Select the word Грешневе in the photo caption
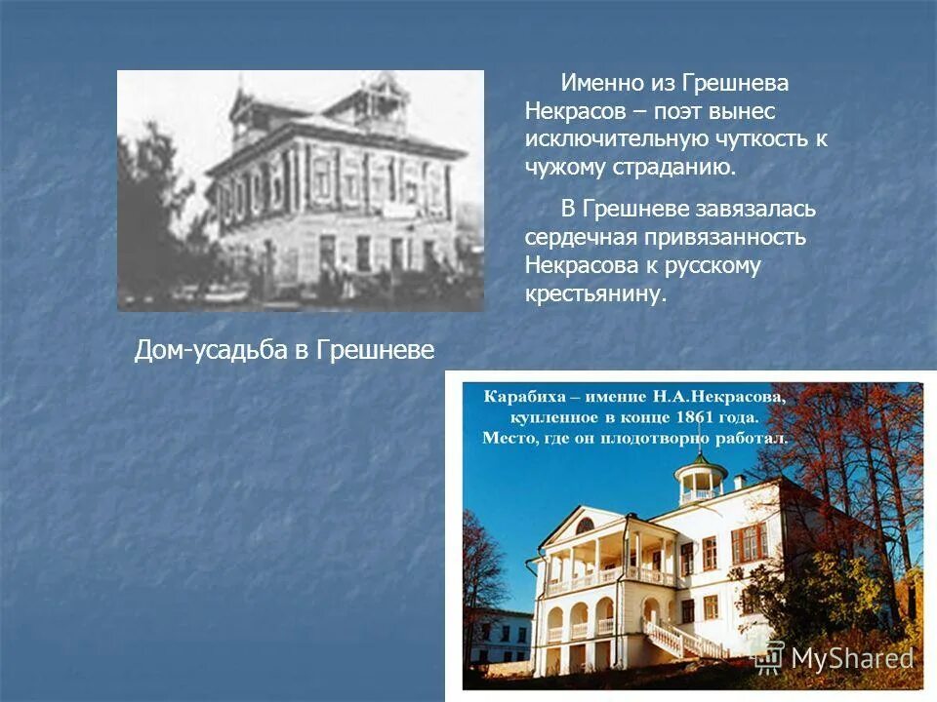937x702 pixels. click(376, 351)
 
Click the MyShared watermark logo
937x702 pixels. click(836, 656)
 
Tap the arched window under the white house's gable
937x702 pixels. click(585, 526)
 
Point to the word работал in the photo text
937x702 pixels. click(753, 439)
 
